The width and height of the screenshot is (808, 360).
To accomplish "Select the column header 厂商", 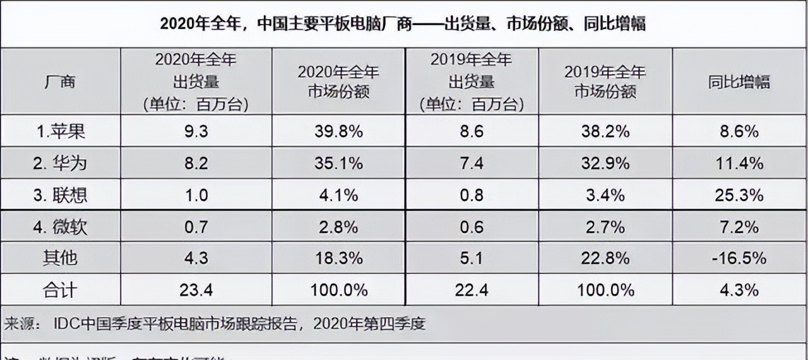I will coord(61,81).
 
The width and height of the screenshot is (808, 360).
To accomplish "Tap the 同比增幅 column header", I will coord(739,81).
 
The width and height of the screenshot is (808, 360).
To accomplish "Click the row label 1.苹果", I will coord(61,131).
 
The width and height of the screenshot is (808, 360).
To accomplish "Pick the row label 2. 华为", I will coord(61,164).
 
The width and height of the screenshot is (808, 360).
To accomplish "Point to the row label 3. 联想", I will coord(61,195).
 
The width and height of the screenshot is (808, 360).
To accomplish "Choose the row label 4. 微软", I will coord(61,227).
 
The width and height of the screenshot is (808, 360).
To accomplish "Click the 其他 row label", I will coord(61,258).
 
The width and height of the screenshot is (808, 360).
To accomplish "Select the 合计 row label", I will coord(61,290).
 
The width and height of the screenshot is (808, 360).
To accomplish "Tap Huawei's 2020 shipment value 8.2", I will coord(196,164).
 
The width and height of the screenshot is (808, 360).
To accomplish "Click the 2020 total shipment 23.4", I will coord(196,290).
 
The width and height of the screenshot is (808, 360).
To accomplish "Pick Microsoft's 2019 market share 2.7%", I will coord(605,227).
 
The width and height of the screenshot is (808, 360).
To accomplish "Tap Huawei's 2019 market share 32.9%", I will coord(605,164).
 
